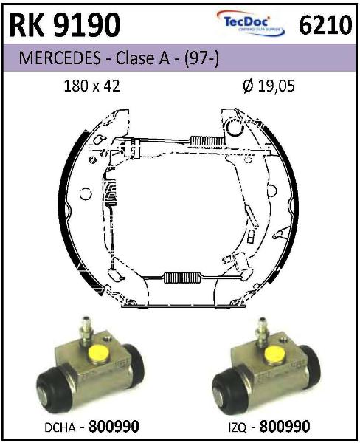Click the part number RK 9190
pyautogui.click(x=65, y=25)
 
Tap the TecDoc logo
pyautogui.click(x=251, y=24)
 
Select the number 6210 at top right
pyautogui.click(x=325, y=25)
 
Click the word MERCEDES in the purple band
pyautogui.click(x=60, y=58)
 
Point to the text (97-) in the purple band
pyautogui.click(x=201, y=58)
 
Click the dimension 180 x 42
pyautogui.click(x=92, y=86)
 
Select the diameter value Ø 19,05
pyautogui.click(x=269, y=86)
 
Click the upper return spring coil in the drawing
pyautogui.click(x=207, y=141)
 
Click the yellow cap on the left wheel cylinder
pyautogui.click(x=99, y=354)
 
